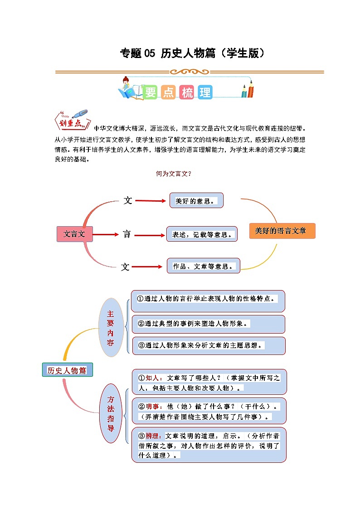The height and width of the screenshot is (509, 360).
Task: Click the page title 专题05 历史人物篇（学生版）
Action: (192, 53)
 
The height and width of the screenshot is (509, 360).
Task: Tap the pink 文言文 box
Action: (74, 234)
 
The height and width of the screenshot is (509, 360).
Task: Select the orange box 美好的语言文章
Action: (282, 231)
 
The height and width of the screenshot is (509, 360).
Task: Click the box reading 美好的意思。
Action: (197, 200)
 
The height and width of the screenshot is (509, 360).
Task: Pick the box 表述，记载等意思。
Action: (202, 234)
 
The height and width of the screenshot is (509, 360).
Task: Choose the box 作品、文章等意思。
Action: (203, 266)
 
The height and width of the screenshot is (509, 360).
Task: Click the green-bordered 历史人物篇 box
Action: (67, 370)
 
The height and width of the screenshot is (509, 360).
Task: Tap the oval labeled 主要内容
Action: (111, 327)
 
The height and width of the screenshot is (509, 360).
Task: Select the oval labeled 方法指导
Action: (111, 413)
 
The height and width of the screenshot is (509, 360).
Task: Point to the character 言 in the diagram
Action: (126, 234)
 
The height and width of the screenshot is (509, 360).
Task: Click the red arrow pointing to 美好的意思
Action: (151, 201)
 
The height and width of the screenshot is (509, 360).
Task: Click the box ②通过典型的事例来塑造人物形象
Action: (208, 324)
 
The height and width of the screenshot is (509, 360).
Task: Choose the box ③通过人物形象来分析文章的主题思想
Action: (208, 345)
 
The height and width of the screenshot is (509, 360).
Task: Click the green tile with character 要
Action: (150, 92)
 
